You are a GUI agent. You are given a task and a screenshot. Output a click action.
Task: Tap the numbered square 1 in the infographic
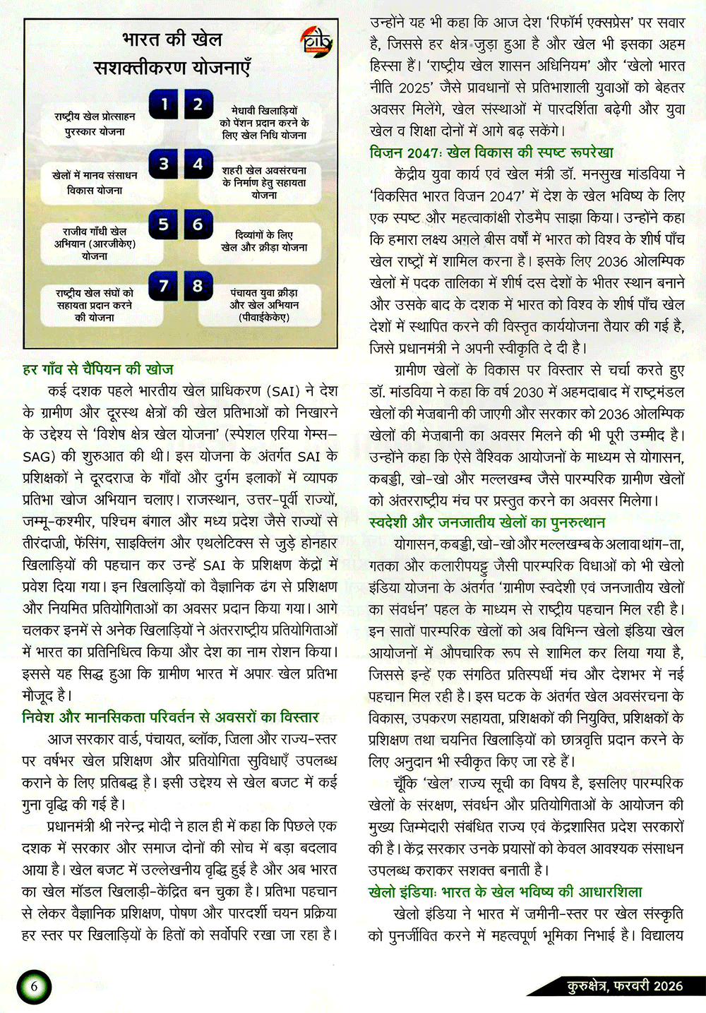coord(163,105)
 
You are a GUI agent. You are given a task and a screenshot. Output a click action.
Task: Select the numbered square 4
coord(198,164)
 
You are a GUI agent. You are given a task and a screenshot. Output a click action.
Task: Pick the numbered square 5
coord(163,224)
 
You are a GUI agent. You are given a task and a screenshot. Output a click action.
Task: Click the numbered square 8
coord(198,285)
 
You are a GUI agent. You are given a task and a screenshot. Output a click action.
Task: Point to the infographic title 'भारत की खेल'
coord(172,40)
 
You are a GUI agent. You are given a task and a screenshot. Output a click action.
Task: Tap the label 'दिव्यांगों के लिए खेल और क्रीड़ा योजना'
coord(264,241)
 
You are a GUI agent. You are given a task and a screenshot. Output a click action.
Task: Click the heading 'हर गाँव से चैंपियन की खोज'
coord(98,369)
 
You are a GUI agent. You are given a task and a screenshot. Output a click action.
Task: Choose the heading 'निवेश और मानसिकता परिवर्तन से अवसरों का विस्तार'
coord(171,717)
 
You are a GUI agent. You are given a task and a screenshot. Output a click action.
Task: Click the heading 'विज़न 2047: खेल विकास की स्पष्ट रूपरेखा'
coord(491,152)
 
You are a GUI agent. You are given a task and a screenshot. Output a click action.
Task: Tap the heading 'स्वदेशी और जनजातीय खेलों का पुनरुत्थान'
coord(487,522)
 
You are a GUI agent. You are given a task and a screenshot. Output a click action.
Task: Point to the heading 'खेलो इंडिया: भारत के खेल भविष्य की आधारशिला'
coord(505,892)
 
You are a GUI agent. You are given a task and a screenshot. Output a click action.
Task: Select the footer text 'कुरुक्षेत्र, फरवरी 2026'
coord(625,986)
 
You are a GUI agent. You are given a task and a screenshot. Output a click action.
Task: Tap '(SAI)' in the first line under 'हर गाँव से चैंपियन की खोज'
coord(286,391)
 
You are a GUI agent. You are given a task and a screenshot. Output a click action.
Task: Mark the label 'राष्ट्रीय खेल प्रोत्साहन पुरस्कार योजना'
coord(95,124)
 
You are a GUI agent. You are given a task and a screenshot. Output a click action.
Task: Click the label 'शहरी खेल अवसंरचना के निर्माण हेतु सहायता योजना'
coord(264,182)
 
